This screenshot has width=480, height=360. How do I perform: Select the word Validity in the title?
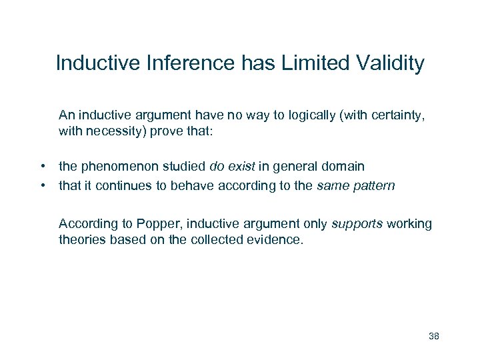tap(391, 63)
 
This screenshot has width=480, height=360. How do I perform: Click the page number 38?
tap(433, 335)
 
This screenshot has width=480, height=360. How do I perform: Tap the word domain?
tap(345, 165)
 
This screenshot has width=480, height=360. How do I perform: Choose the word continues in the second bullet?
tap(123, 186)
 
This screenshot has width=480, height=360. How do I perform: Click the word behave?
tap(187, 186)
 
